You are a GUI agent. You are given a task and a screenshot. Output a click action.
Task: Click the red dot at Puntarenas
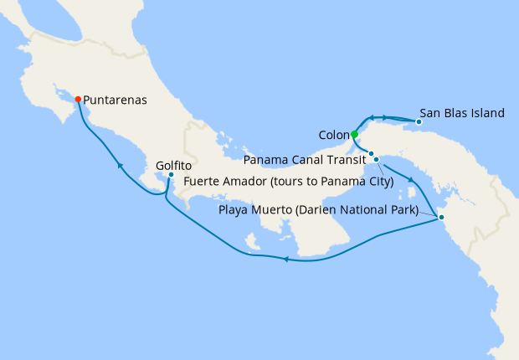(78, 99)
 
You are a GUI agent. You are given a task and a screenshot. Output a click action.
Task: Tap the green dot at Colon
(354, 134)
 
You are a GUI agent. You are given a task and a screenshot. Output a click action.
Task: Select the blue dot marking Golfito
(171, 175)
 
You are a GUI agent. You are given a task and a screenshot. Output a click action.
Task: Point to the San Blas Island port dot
(419, 122)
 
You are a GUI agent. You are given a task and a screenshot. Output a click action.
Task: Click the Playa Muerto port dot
(441, 218)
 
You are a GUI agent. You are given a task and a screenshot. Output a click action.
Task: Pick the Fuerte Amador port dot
(377, 159)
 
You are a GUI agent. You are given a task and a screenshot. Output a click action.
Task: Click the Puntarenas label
(116, 100)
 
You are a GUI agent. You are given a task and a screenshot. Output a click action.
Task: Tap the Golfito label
(174, 166)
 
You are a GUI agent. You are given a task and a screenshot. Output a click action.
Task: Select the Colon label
(334, 134)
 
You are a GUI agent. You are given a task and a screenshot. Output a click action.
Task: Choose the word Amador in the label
(244, 180)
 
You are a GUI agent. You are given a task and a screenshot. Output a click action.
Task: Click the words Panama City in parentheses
(355, 180)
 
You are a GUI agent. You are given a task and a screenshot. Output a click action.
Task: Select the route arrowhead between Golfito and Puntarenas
(121, 166)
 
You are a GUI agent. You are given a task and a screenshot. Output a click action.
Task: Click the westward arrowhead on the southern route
(285, 260)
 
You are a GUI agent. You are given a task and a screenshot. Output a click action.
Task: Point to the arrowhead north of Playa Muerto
(411, 179)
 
